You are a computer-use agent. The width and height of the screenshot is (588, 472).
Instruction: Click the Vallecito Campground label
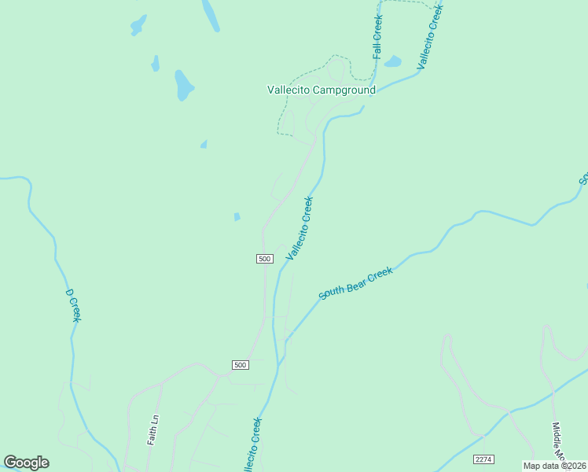(x=321, y=90)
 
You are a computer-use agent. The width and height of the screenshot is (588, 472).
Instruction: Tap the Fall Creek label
(x=378, y=37)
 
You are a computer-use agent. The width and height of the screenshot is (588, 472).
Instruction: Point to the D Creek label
(x=72, y=305)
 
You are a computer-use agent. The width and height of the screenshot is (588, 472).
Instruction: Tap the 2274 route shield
(x=483, y=459)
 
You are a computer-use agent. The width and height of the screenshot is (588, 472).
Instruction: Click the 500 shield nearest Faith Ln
(x=241, y=364)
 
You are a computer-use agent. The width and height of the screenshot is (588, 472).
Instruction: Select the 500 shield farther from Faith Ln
(x=264, y=259)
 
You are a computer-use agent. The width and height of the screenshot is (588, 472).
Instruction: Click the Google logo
(x=26, y=463)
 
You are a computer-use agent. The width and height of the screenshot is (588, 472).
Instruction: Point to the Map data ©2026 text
(x=555, y=466)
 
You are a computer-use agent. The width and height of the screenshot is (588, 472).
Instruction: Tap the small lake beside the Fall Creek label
(x=393, y=61)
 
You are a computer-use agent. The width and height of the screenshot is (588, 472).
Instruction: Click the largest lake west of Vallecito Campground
(x=183, y=85)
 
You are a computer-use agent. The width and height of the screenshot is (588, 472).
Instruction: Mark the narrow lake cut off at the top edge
(x=210, y=14)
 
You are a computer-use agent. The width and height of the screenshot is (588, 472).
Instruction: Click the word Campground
(x=344, y=90)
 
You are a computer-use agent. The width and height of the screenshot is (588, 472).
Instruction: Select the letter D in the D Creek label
(x=69, y=293)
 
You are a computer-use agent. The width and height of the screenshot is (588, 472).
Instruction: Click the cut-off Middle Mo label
(x=557, y=441)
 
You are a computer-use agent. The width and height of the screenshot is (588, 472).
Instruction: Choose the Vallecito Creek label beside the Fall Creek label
(x=431, y=36)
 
